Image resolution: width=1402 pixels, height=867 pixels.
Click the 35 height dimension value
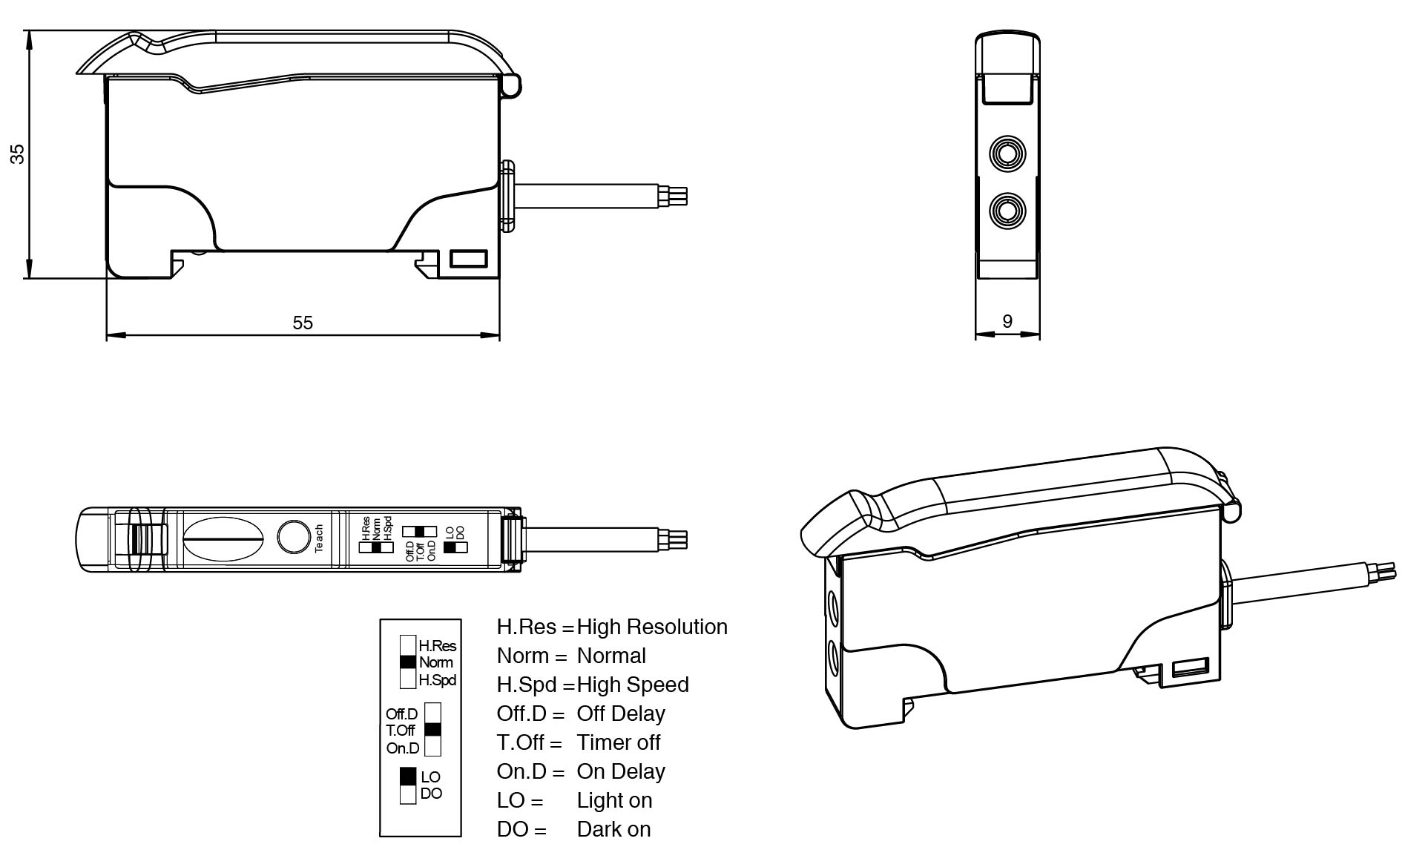(17, 154)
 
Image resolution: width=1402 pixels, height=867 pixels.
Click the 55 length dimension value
(303, 323)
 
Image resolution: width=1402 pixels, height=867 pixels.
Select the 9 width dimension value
(1007, 321)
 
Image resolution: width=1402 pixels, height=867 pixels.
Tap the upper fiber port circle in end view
(1007, 154)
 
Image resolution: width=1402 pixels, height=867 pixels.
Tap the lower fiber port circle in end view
(1007, 211)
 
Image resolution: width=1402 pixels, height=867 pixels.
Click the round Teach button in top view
(294, 537)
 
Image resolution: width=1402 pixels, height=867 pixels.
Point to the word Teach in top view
(319, 538)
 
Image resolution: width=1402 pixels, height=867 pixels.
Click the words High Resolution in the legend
(652, 627)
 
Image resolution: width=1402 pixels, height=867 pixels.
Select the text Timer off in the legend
(619, 743)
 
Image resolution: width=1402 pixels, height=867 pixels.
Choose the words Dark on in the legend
(613, 830)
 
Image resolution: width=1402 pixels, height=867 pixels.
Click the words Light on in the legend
(614, 801)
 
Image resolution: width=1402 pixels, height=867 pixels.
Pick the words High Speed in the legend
(633, 685)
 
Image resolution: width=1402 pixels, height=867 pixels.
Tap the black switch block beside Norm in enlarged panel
(408, 662)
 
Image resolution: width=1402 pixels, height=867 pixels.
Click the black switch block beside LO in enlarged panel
(408, 777)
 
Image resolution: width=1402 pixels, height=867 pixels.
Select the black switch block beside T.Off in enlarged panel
(432, 730)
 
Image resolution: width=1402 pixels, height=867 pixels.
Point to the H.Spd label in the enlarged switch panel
(437, 680)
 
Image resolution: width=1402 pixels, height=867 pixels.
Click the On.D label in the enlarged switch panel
(403, 748)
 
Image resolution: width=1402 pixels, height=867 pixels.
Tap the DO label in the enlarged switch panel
(431, 794)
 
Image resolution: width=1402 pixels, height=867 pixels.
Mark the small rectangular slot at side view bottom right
(469, 259)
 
